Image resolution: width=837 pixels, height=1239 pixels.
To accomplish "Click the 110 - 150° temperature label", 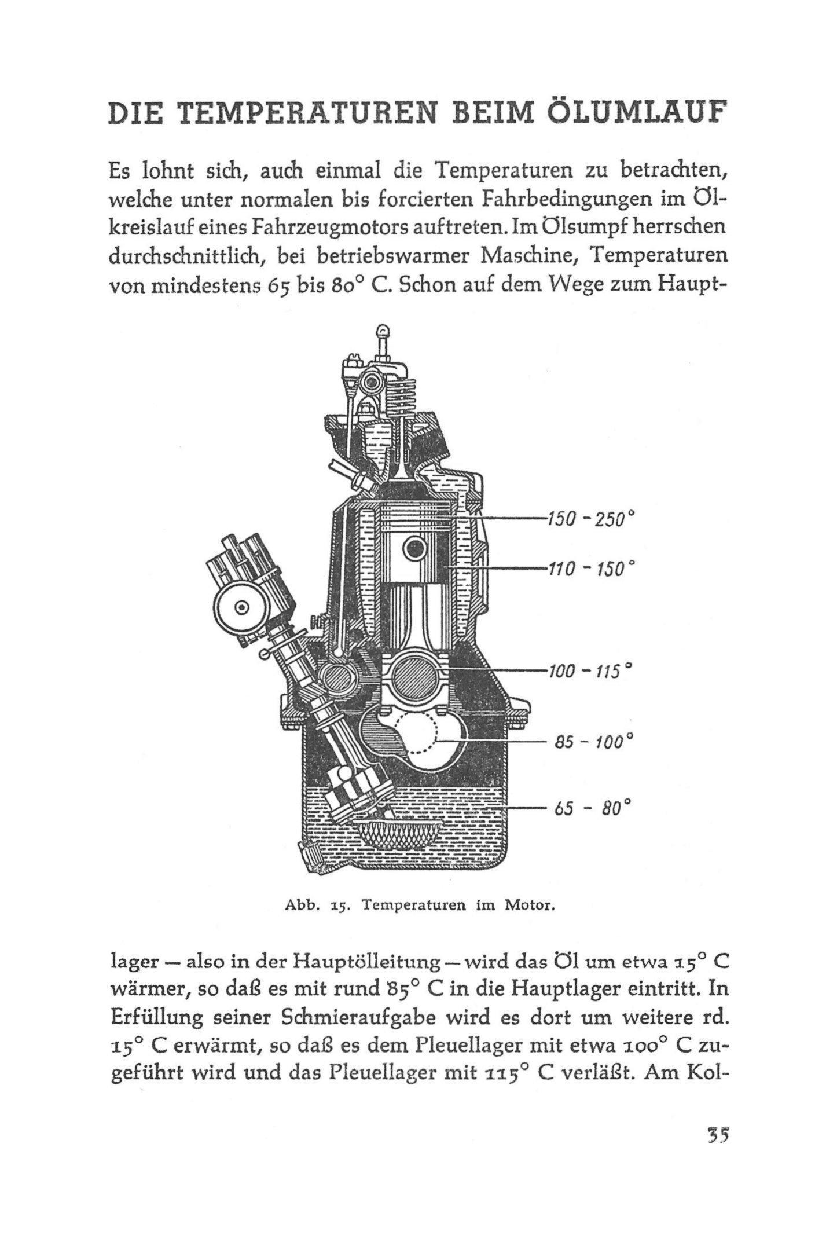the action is tap(586, 569).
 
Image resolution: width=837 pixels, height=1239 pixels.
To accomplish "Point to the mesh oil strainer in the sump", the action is tap(399, 841).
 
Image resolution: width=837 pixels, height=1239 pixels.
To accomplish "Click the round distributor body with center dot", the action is tap(241, 606).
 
